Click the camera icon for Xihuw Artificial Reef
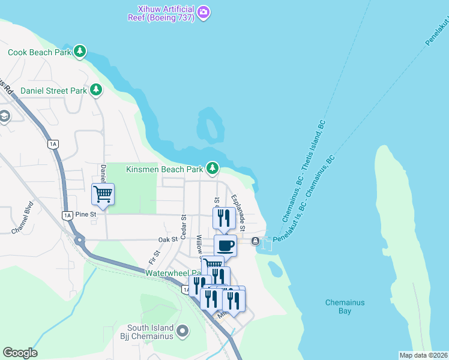click(203, 11)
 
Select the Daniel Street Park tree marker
click(96, 90)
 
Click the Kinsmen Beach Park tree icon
click(212, 169)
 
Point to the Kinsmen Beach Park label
click(164, 170)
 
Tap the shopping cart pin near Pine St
click(103, 194)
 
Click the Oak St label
click(168, 239)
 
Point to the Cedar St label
click(184, 226)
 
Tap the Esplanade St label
click(238, 212)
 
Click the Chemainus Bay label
click(345, 307)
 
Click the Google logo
click(20, 353)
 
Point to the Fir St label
click(154, 257)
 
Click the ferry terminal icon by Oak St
click(256, 241)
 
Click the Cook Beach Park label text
click(39, 52)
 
